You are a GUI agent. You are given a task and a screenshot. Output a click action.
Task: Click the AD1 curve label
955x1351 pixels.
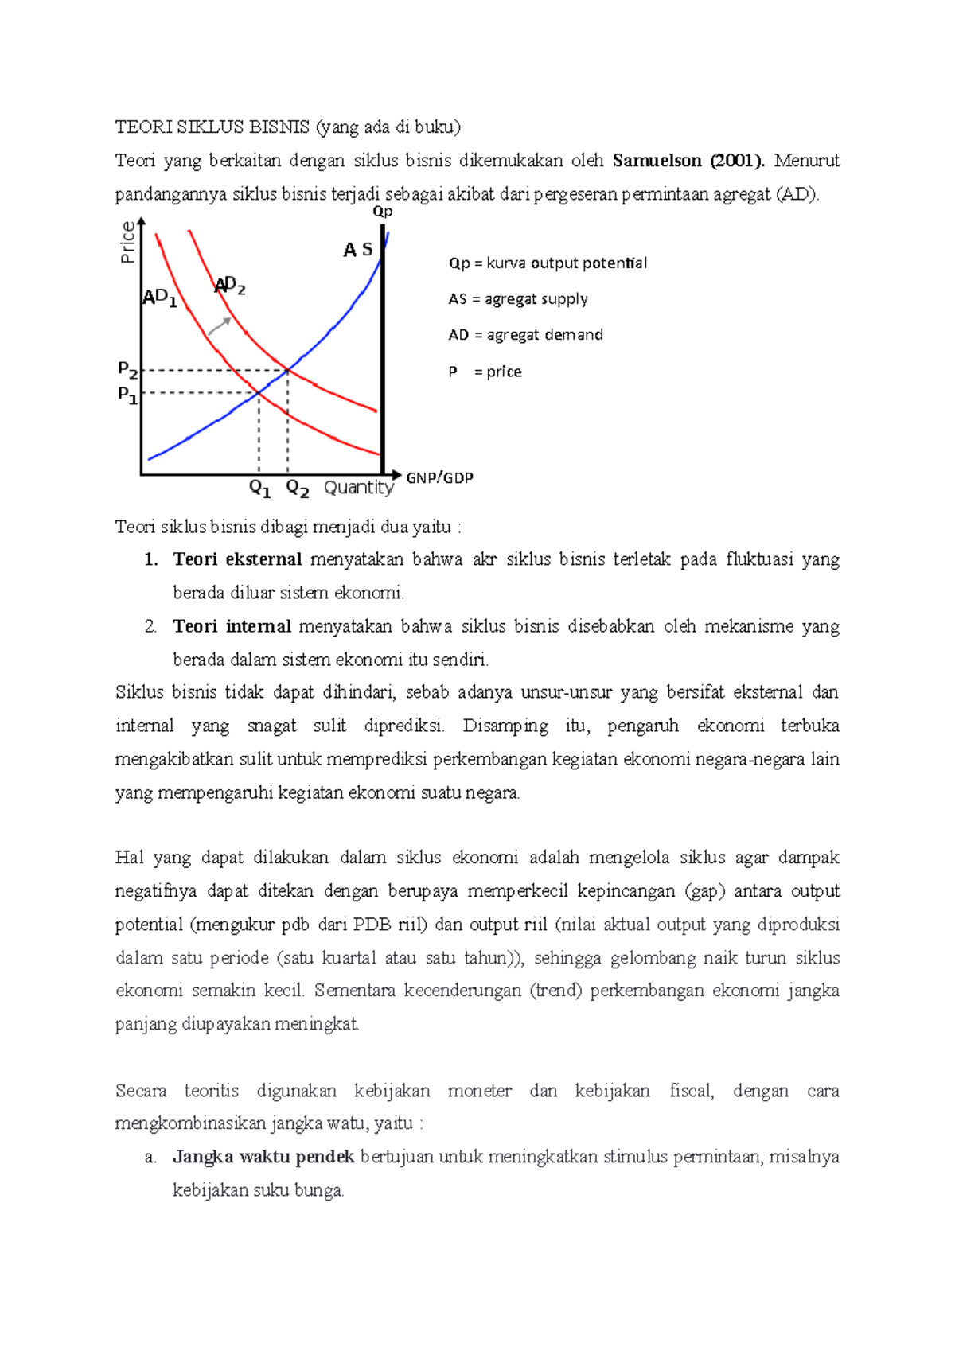pos(159,298)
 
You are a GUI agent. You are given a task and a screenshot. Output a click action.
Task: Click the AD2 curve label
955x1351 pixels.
pos(230,286)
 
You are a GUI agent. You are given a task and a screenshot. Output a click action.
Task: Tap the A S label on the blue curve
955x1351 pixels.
pos(357,250)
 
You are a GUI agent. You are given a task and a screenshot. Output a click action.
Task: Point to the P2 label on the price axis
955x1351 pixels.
pos(127,369)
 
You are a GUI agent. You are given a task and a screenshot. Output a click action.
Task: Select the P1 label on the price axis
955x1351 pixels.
pos(127,394)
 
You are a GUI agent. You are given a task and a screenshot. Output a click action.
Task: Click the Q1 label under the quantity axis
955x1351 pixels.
pos(259,488)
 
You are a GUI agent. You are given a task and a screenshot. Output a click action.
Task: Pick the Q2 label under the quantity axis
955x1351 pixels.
pos(297,488)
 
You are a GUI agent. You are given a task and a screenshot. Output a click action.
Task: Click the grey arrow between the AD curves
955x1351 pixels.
pos(220,326)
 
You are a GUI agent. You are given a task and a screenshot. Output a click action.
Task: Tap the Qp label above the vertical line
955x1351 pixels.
pos(383,212)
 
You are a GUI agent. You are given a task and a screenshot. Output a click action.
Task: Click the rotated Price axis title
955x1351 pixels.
pos(127,243)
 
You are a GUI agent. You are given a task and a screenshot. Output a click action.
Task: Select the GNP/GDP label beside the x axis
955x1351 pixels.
pos(439,477)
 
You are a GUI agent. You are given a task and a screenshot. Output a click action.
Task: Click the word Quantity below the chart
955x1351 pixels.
pos(358,488)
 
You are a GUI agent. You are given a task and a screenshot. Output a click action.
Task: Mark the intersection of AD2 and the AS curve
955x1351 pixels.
pos(287,370)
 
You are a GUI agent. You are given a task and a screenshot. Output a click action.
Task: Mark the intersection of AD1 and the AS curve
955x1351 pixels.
pos(259,392)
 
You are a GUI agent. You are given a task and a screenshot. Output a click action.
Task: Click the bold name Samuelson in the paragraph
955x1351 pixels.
pos(657,161)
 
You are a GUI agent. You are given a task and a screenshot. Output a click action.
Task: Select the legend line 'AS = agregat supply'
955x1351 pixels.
pos(517,299)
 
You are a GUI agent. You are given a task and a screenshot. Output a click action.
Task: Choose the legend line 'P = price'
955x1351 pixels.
pos(485,372)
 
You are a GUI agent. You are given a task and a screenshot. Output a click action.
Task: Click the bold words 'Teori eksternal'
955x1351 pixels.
pos(237,559)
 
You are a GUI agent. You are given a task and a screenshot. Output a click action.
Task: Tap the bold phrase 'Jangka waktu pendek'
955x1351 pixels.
pos(263,1157)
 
